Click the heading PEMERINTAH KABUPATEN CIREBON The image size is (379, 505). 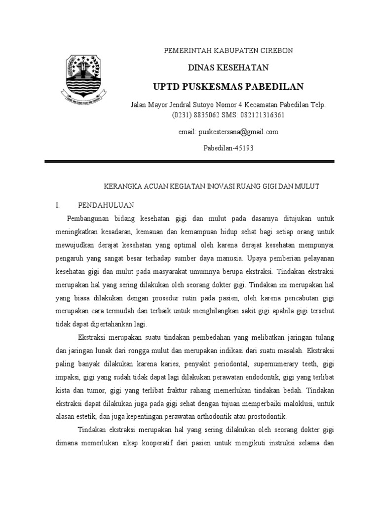coord(228,51)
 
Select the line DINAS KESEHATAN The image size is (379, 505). coord(228,68)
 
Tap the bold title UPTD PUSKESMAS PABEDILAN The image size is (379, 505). coord(228,87)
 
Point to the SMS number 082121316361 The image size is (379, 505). coord(264,115)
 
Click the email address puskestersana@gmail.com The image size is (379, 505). coord(238,132)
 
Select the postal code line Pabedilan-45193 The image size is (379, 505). coord(228,148)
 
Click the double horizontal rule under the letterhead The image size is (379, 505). coord(189,161)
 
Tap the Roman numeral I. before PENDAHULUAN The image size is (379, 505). coord(58,204)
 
